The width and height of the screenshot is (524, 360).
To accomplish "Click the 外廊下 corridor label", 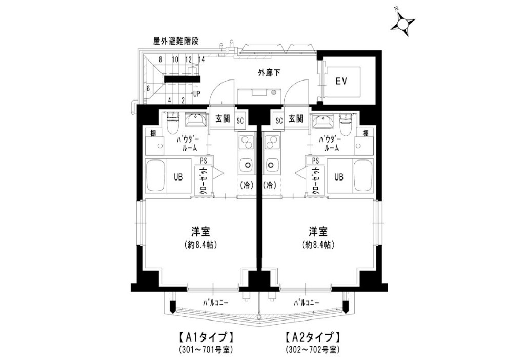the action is point(269,72).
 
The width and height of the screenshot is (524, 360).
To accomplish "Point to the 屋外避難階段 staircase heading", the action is point(176,41).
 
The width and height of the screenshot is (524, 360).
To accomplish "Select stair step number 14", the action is point(201,59).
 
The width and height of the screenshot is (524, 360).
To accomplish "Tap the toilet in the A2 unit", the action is point(346,123).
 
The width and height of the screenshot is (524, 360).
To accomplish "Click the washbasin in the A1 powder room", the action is point(195,119).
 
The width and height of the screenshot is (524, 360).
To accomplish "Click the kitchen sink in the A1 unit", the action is point(247,165).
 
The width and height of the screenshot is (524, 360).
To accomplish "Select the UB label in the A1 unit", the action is point(178,177).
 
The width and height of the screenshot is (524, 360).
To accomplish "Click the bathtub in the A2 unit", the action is point(363,176).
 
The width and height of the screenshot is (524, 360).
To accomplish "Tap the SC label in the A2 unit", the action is point(279,121).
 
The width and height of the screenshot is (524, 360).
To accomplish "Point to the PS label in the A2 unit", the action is point(315,161).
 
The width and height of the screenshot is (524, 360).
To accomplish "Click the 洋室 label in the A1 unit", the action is point(200,231).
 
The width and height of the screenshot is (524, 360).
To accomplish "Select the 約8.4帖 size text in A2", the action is point(318,245).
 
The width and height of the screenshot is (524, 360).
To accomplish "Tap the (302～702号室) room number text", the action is point(313,350).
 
